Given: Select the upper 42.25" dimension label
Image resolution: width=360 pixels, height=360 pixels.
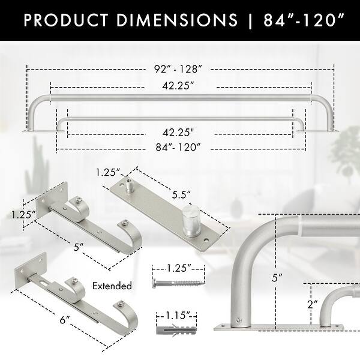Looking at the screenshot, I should pos(179,86).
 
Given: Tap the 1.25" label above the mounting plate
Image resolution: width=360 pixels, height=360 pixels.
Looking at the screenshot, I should pos(106,173).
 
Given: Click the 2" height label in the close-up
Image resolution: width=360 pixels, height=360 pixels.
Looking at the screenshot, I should pos(312,304).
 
